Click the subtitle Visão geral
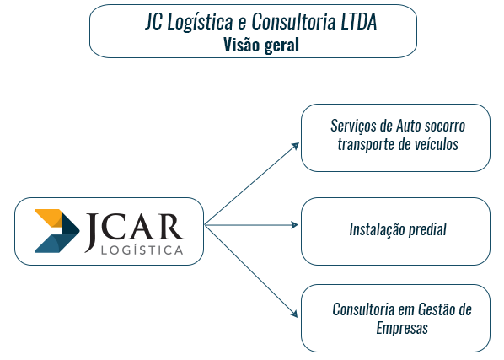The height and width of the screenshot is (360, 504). tap(261, 45)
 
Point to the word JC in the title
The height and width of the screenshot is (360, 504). tap(153, 21)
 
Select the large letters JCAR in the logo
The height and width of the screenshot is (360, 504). tap(134, 228)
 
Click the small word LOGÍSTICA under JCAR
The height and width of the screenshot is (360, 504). tap(142, 250)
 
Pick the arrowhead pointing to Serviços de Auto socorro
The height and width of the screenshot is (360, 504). tap(295, 147)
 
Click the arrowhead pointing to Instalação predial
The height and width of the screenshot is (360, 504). tap(294, 225)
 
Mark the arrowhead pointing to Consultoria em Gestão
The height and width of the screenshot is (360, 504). tap(294, 313)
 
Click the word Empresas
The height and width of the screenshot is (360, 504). tap(402, 329)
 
